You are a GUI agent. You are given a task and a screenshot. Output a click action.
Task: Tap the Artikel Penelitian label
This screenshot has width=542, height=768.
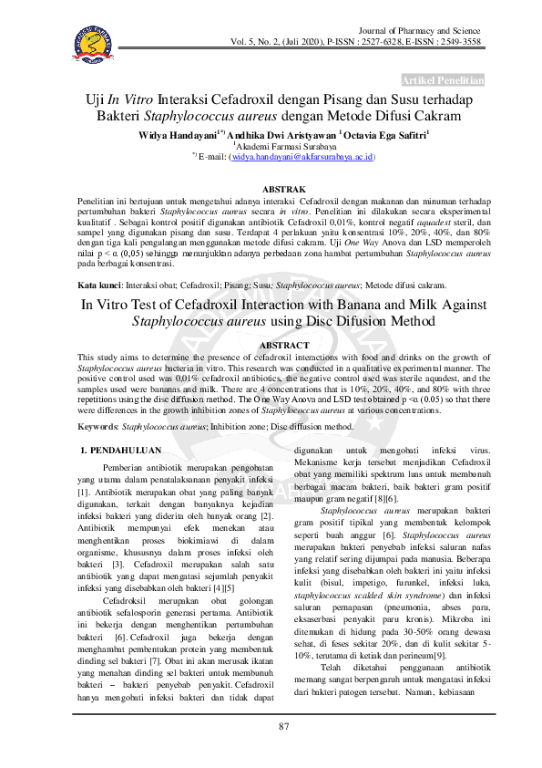click(x=442, y=79)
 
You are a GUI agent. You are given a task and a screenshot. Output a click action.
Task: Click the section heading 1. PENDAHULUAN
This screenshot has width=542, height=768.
click(x=122, y=450)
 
